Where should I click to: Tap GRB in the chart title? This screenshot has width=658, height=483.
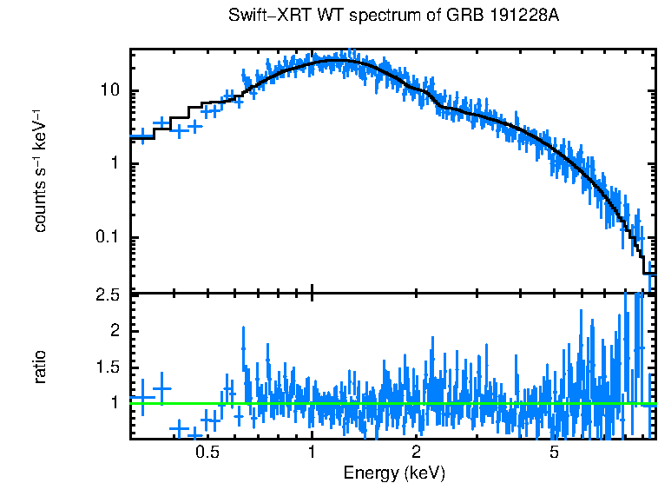point(449,17)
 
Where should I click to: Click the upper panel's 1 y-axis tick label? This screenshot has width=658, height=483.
point(120,164)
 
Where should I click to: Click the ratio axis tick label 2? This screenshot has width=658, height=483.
point(120,331)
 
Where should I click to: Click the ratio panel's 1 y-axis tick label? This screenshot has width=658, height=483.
point(120,402)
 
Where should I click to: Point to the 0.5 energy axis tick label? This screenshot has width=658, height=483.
point(207,452)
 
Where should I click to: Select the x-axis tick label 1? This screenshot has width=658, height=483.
point(312,452)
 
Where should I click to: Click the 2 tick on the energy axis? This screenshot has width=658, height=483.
point(417,452)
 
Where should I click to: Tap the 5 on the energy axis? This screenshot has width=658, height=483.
point(555,452)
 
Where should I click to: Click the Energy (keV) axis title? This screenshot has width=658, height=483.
point(394,473)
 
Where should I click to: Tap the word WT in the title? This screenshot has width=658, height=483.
point(310,17)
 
